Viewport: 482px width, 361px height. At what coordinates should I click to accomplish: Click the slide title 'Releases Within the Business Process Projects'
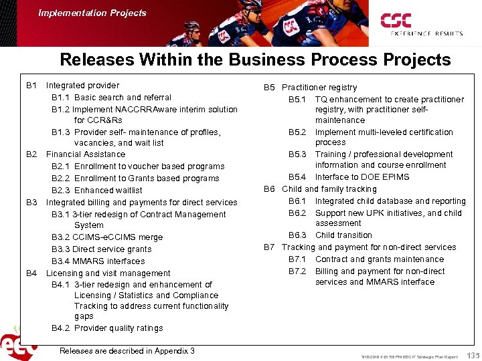coord(255,59)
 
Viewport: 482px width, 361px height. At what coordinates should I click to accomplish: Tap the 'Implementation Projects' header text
coord(92,13)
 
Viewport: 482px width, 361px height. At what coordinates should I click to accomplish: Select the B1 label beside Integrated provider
coord(31,86)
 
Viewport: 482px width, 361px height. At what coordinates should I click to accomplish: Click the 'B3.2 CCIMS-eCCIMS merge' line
coord(107,237)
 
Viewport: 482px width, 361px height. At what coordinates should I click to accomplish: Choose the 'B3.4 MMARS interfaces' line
coord(98,261)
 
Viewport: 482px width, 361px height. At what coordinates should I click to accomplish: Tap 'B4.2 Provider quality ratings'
coord(107,328)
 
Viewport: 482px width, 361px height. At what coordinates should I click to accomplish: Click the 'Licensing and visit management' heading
coord(108,273)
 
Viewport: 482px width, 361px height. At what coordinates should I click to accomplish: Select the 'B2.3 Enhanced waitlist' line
coord(96,191)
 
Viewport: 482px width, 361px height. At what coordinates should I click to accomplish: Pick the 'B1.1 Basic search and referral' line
coord(111,98)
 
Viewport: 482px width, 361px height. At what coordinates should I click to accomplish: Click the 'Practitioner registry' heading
coord(319,88)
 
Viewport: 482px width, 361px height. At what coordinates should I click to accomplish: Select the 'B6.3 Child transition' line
coord(330,235)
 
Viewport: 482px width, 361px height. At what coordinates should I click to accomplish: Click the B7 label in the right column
coord(269,247)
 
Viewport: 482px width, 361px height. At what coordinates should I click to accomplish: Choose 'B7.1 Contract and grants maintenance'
coord(366,259)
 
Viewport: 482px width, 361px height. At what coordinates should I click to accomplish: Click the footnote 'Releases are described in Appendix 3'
coord(127,351)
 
